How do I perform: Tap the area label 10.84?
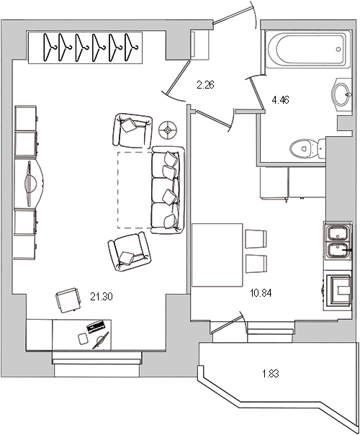pos(261,294)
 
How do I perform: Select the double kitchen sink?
pos(338,243)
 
